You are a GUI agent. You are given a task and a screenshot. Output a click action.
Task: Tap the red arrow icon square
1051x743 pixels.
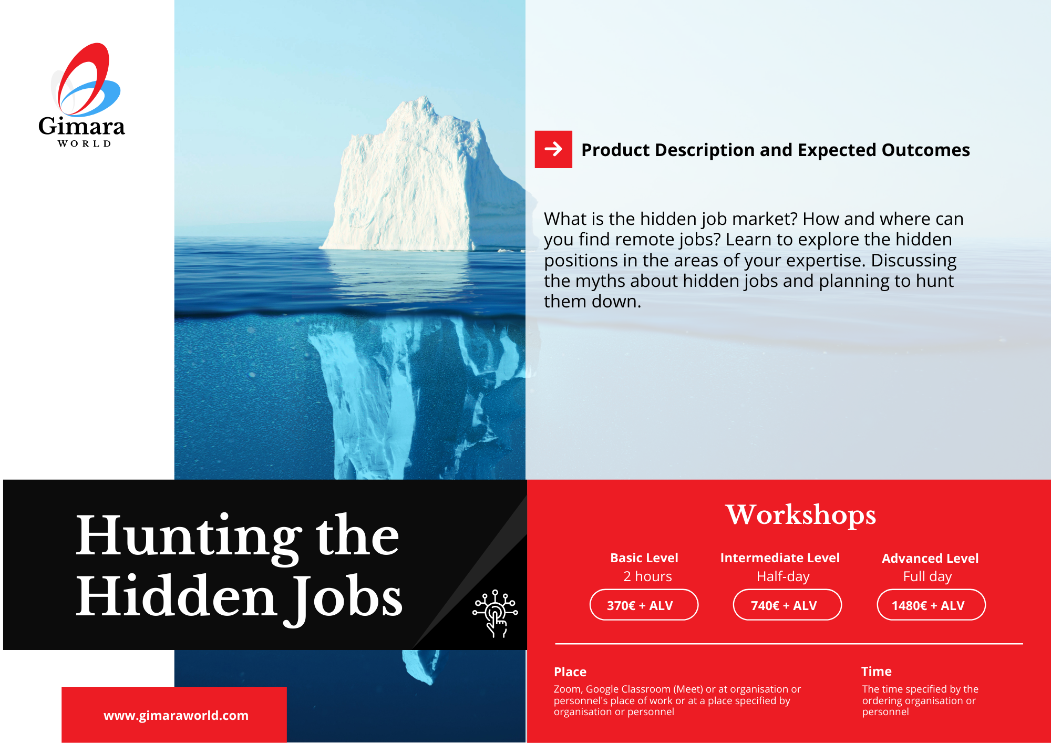(x=553, y=149)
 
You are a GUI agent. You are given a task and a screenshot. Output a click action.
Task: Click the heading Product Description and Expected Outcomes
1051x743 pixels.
(x=775, y=150)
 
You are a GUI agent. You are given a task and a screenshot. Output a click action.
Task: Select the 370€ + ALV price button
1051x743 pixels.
(x=644, y=605)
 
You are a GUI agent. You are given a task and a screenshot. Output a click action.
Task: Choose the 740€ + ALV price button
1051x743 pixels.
(x=787, y=605)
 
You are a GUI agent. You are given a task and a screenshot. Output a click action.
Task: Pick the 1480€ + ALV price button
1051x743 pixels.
(x=931, y=605)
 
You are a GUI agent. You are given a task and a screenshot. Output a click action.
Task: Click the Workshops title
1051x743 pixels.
(x=801, y=515)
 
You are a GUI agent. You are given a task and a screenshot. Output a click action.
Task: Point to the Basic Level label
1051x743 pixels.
(x=644, y=558)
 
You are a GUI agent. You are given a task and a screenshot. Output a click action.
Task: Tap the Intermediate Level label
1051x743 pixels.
(x=780, y=558)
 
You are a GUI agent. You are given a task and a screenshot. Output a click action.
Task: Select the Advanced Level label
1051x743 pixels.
(x=930, y=558)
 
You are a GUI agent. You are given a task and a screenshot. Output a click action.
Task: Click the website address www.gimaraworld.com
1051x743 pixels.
(x=176, y=715)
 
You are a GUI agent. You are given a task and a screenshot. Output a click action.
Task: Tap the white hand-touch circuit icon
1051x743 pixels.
(x=495, y=613)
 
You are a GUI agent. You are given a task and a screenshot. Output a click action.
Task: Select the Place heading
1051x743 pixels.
(x=570, y=672)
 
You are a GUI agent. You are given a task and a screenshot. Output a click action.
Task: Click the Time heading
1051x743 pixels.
(x=877, y=671)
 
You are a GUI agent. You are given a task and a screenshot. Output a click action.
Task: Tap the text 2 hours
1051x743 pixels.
(x=647, y=576)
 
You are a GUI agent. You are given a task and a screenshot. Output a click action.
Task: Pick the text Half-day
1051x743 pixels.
(x=783, y=577)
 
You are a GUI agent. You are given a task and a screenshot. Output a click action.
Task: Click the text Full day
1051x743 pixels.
(x=928, y=577)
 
